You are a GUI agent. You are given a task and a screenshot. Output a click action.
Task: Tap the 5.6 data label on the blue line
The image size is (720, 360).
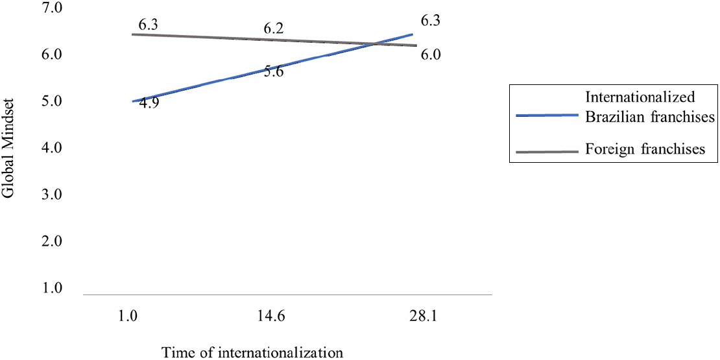(274, 71)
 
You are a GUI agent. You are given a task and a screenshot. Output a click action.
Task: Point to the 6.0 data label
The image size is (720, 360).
(431, 54)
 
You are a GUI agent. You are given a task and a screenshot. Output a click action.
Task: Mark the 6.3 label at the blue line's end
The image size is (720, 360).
(431, 21)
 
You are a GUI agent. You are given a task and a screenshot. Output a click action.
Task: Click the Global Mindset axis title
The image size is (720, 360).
(8, 149)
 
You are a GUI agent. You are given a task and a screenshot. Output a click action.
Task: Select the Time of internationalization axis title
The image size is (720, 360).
(252, 352)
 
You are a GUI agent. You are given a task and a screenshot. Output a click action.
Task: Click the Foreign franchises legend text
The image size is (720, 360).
(645, 149)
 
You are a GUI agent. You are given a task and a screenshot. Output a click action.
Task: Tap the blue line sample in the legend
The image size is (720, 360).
(546, 115)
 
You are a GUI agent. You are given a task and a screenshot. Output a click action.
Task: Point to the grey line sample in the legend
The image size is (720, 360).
(546, 152)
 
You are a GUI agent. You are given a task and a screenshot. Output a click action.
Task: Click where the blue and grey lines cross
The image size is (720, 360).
(375, 44)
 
